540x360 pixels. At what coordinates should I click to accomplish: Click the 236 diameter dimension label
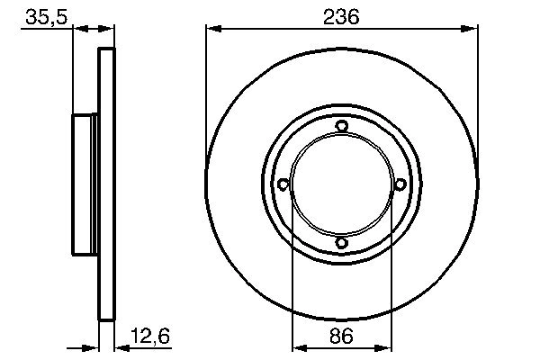pos(341,15)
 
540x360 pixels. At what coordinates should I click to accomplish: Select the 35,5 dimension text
pos(44,15)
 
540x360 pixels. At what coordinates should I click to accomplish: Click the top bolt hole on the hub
pos(341,126)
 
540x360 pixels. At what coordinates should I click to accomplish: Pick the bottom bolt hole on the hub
pos(341,243)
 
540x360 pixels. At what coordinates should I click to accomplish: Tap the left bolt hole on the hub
pos(283,184)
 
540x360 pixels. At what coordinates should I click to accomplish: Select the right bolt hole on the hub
pos(400,184)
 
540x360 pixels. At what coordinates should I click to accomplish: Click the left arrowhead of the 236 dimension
pos(212,29)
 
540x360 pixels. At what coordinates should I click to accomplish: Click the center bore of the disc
pos(341,184)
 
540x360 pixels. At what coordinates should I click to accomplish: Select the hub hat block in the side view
pos(84,184)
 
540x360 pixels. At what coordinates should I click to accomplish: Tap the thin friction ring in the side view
pos(106,184)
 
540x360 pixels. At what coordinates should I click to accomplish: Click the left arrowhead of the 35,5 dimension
pos(76,29)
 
